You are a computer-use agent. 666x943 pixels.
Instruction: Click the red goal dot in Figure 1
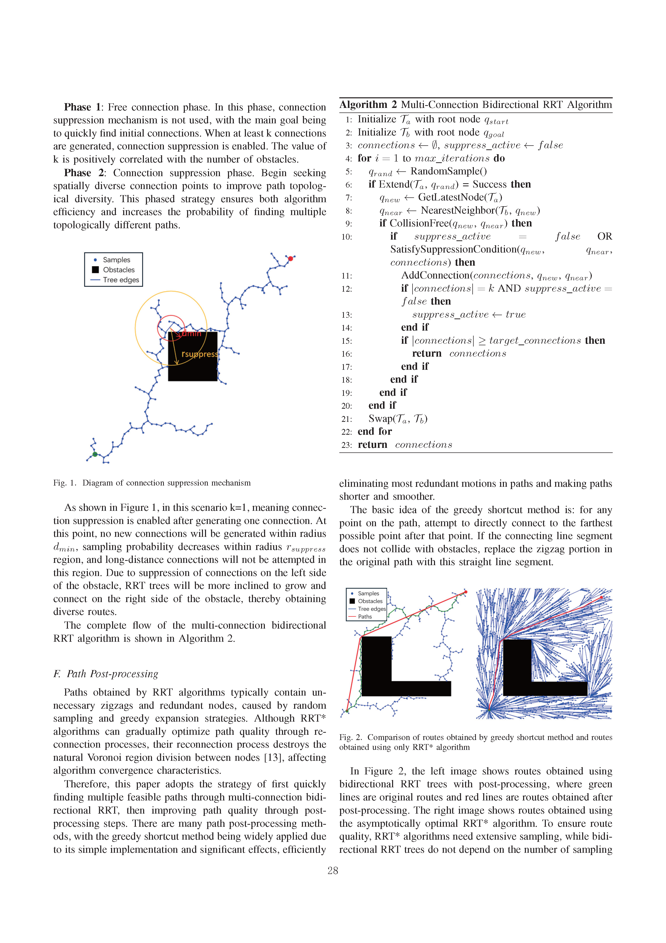(x=291, y=258)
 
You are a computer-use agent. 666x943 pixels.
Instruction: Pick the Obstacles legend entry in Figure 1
(x=119, y=270)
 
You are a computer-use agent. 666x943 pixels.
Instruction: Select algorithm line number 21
(x=346, y=419)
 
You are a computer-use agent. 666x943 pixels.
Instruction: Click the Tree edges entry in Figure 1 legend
(x=121, y=280)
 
